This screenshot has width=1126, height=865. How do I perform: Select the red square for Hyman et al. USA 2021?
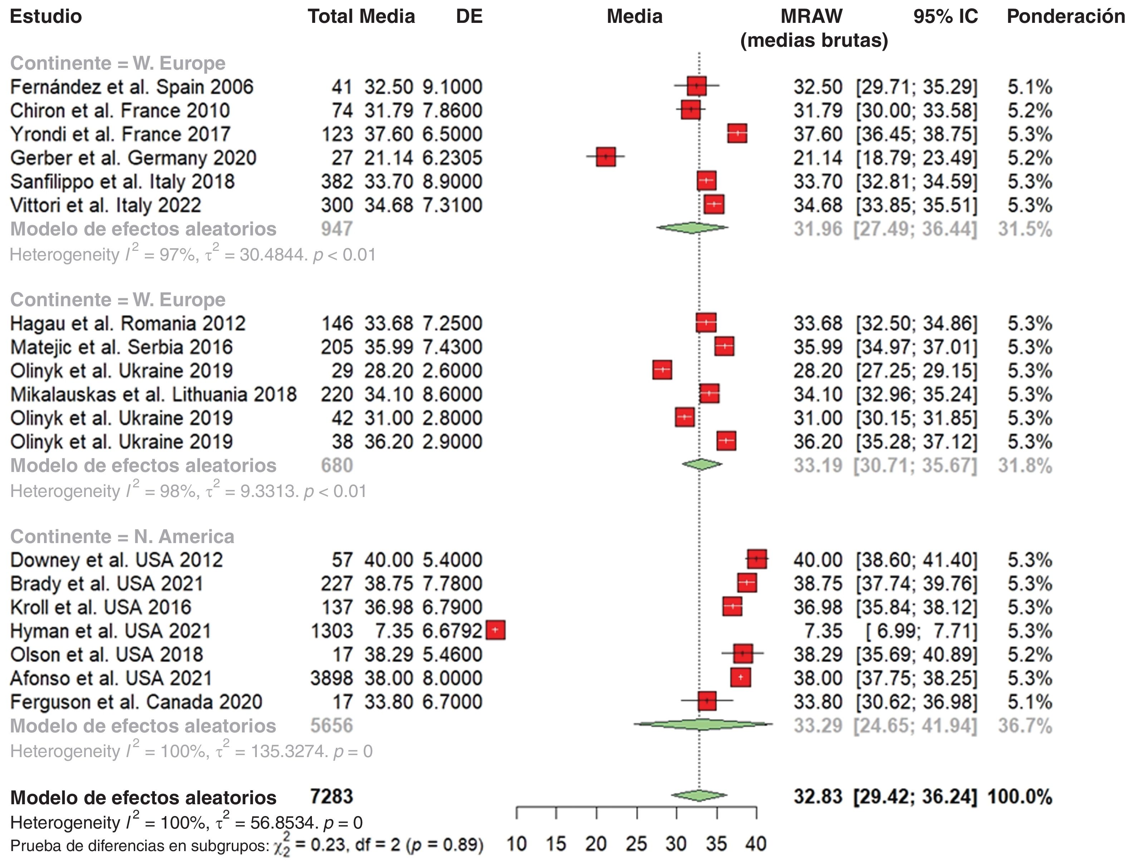point(496,630)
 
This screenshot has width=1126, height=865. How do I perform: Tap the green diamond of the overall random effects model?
point(699,796)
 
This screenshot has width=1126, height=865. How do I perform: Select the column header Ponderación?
point(1065,16)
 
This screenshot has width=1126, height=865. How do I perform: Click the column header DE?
point(469,16)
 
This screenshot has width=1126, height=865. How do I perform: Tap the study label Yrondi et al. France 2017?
point(120,134)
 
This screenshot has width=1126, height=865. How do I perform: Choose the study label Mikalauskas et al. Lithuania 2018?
point(153,394)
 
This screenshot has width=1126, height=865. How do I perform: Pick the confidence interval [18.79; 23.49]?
point(916,158)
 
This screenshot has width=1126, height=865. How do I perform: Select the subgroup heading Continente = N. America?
point(122,537)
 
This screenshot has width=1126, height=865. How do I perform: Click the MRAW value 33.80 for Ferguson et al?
point(817,702)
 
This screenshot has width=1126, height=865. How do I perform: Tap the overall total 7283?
point(332,796)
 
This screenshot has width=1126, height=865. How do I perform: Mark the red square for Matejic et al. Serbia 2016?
point(724,347)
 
